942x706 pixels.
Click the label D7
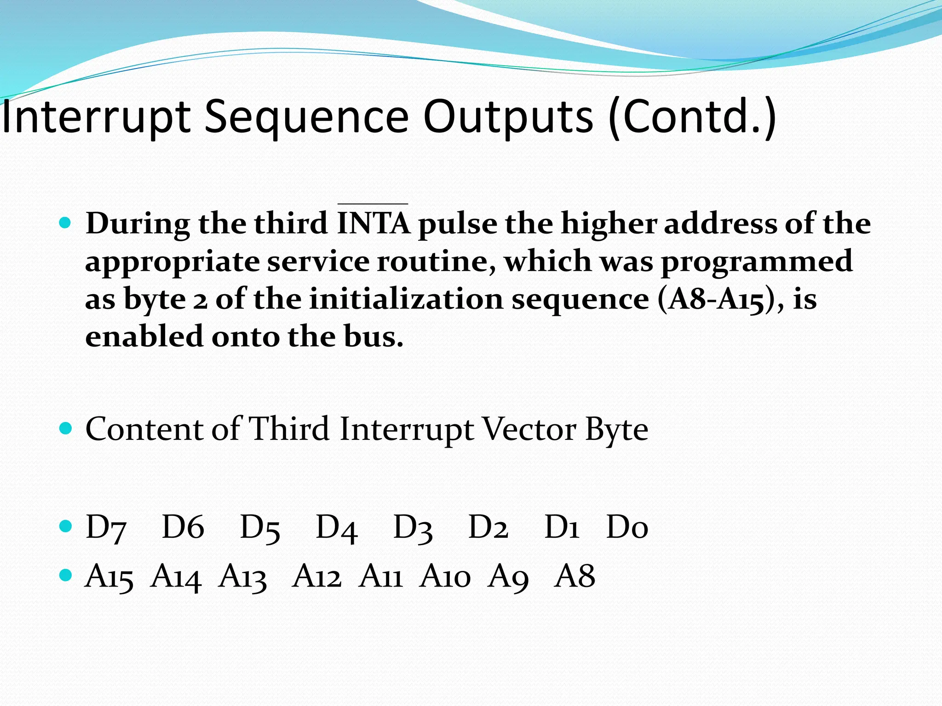[106, 528]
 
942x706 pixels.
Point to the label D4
[337, 528]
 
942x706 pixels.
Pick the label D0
[627, 528]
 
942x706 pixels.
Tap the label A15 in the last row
[109, 577]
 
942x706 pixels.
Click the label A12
[316, 577]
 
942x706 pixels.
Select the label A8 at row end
[575, 577]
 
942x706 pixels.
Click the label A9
[508, 577]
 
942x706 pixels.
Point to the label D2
[488, 528]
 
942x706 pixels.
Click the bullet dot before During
[66, 224]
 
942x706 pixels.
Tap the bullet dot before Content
[66, 429]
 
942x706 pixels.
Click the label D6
[183, 528]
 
